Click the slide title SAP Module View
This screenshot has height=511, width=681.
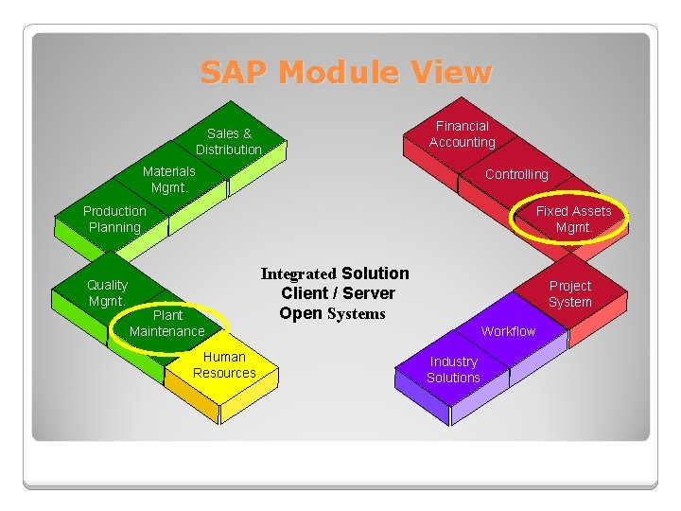[345, 73]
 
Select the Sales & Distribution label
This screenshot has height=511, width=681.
[229, 142]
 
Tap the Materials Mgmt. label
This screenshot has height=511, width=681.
[168, 179]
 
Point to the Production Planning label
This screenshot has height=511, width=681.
[114, 219]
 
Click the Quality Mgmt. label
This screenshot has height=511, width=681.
[107, 292]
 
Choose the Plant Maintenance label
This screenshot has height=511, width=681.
[166, 323]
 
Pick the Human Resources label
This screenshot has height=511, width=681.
[224, 364]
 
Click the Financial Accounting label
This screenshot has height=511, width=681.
[462, 133]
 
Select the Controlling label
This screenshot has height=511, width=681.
[516, 174]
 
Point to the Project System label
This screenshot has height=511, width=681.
[570, 293]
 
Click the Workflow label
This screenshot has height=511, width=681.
[508, 331]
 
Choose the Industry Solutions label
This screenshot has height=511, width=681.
[453, 369]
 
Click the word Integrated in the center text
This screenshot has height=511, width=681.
[298, 274]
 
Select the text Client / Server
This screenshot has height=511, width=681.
[338, 293]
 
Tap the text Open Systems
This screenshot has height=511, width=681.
[332, 313]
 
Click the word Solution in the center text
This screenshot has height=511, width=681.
[375, 273]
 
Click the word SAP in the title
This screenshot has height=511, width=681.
[236, 73]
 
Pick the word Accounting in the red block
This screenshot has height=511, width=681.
[462, 142]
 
